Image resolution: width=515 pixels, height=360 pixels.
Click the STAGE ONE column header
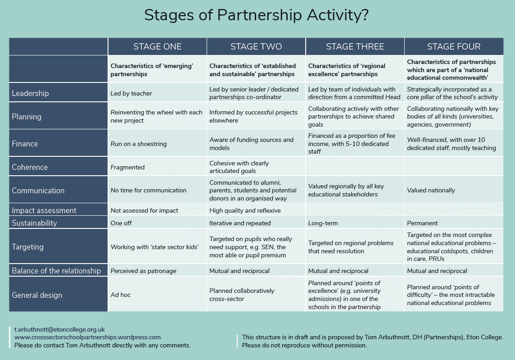point(157,47)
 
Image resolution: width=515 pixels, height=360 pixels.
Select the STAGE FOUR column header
point(454,47)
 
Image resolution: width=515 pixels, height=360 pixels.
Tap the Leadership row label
point(30,93)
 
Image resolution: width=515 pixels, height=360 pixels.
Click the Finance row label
point(25,144)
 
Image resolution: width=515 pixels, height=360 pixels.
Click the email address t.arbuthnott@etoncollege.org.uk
point(59,329)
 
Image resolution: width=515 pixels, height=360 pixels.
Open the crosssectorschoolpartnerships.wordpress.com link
point(87,337)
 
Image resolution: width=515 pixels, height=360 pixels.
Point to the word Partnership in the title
point(259,15)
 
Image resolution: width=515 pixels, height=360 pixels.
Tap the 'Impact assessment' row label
point(44,210)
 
